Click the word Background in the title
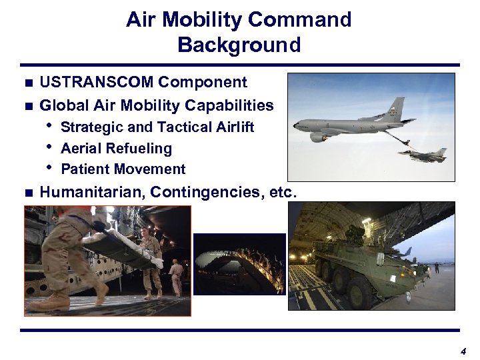point(239,45)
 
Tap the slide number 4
point(463,351)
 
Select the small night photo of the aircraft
point(239,264)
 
